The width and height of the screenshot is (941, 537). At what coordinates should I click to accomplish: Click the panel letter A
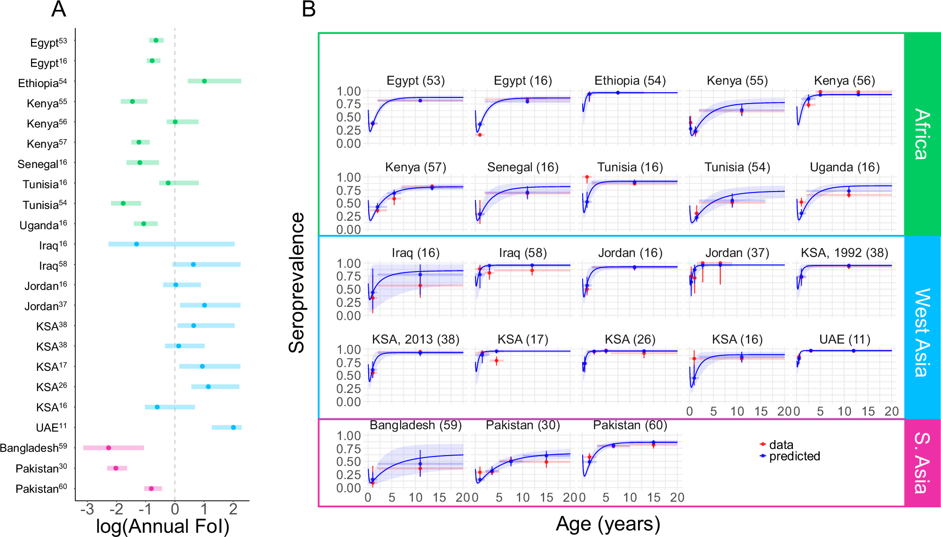(x=58, y=9)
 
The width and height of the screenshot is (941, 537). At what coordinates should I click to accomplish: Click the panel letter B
(x=308, y=9)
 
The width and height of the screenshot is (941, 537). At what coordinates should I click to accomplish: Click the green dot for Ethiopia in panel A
(x=204, y=81)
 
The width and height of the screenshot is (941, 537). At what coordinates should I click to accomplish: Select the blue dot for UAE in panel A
(x=233, y=427)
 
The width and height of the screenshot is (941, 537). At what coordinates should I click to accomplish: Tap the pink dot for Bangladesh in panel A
(x=109, y=448)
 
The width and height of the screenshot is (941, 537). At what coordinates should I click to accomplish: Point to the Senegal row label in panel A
(x=42, y=164)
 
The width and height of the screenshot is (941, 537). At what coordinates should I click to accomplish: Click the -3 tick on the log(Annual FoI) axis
(x=87, y=509)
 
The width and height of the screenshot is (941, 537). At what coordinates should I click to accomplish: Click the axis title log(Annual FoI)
(x=162, y=526)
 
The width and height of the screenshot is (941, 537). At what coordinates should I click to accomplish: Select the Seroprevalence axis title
(x=297, y=282)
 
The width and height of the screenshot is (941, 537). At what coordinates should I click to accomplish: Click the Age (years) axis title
(x=608, y=524)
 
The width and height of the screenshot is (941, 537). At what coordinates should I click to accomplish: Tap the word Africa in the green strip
(x=922, y=134)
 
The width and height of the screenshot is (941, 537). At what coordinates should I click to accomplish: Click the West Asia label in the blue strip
(x=922, y=332)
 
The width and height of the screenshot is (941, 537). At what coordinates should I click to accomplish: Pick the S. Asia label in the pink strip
(x=922, y=462)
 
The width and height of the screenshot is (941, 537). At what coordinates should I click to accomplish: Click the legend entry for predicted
(x=794, y=456)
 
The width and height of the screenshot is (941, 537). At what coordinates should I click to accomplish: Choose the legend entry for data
(x=781, y=445)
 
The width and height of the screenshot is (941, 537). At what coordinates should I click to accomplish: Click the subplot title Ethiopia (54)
(x=630, y=80)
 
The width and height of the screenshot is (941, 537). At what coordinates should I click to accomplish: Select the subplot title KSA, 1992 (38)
(x=844, y=253)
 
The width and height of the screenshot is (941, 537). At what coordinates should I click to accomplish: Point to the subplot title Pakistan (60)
(x=630, y=425)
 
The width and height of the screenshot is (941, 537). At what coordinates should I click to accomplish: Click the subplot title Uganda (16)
(x=844, y=167)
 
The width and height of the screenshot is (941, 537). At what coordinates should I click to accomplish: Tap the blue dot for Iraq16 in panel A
(x=136, y=244)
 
